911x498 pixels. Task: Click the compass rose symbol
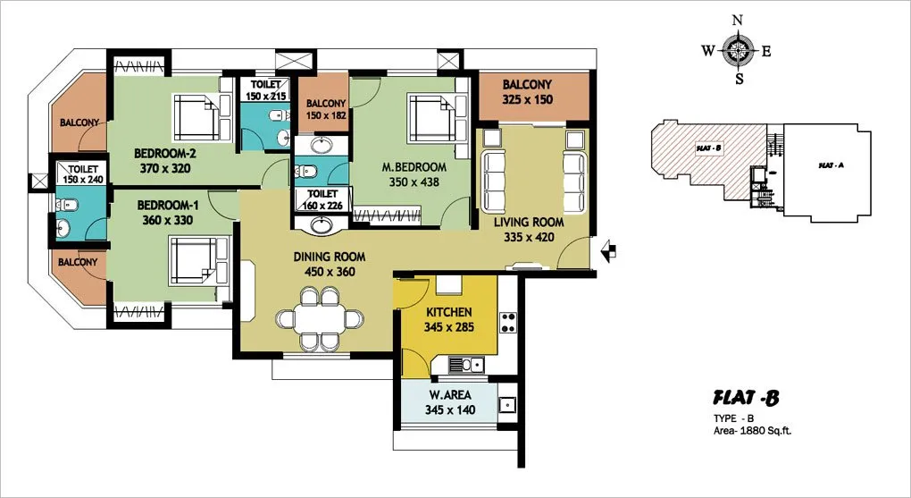[x=738, y=51]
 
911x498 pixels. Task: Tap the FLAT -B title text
[x=746, y=399]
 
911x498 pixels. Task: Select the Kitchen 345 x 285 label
[x=448, y=319]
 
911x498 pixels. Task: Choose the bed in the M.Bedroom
[x=438, y=118]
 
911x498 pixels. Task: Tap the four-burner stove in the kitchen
[x=508, y=322]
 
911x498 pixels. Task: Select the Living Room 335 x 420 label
[x=529, y=230]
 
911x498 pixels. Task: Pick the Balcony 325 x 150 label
[x=528, y=92]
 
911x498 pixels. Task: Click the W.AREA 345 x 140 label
[x=449, y=402]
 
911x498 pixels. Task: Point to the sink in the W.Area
[x=507, y=404]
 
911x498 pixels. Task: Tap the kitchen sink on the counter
[x=465, y=365]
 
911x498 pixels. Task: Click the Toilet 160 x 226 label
[x=322, y=199]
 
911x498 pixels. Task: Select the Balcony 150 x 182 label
[x=326, y=109]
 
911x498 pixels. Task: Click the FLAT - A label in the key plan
[x=831, y=165]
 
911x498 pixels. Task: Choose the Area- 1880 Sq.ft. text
[x=752, y=431]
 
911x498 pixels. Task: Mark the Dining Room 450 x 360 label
[x=330, y=264]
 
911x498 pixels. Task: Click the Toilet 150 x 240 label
[x=83, y=174]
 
